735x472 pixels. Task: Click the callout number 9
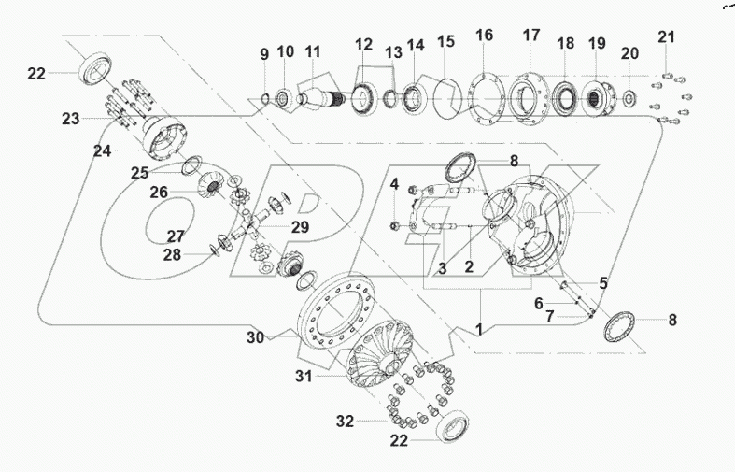click(x=263, y=51)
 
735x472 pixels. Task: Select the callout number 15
click(x=445, y=42)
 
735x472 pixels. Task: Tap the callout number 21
click(x=665, y=36)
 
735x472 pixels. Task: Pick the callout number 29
click(x=299, y=227)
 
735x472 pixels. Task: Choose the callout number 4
click(x=395, y=182)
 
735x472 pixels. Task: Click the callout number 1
click(x=479, y=329)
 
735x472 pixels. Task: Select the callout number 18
click(x=565, y=44)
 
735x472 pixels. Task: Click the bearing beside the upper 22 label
click(x=97, y=70)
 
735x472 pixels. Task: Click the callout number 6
click(x=538, y=304)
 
